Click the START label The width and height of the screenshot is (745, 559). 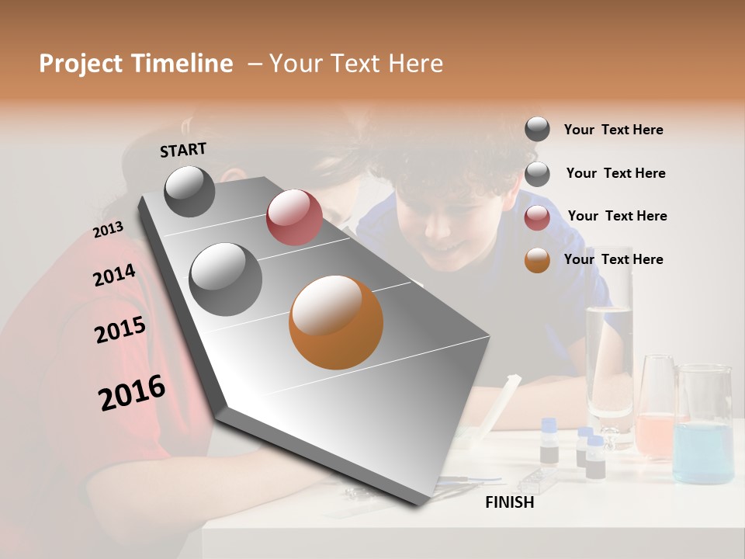pyautogui.click(x=183, y=150)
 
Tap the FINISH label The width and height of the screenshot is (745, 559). pyautogui.click(x=510, y=502)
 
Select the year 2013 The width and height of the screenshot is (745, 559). pyautogui.click(x=108, y=230)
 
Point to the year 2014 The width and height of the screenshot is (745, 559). pyautogui.click(x=114, y=276)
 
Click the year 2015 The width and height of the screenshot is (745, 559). pyautogui.click(x=120, y=330)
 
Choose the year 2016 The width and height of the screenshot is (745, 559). pyautogui.click(x=132, y=393)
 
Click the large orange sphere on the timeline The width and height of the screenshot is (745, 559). pyautogui.click(x=336, y=322)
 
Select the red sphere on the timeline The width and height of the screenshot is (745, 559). pyautogui.click(x=294, y=217)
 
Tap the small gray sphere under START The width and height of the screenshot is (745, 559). pyautogui.click(x=189, y=191)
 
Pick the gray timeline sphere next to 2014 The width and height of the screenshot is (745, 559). pyautogui.click(x=226, y=279)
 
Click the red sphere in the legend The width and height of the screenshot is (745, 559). pyautogui.click(x=537, y=217)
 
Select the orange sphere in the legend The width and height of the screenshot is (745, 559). pyautogui.click(x=537, y=260)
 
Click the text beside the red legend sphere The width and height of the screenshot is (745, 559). pyautogui.click(x=617, y=216)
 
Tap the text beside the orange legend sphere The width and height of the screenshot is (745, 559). pyautogui.click(x=613, y=259)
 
